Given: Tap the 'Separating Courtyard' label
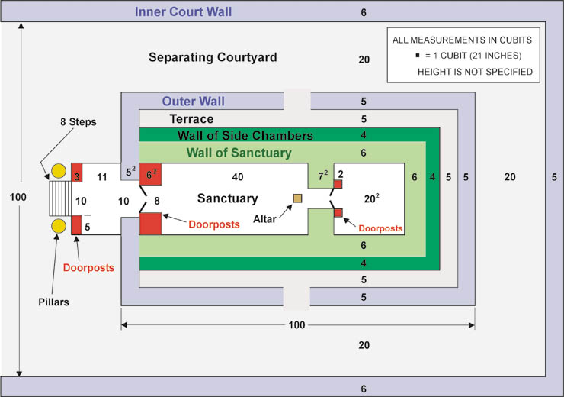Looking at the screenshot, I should (213, 57).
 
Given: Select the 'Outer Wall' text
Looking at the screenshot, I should (194, 102).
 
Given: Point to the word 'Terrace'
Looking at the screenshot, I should (191, 119).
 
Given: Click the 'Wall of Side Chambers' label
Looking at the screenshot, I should (245, 136).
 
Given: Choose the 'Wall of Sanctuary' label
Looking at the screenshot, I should (239, 153).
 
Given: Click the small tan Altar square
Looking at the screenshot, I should (296, 198).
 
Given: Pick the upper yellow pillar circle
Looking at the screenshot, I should (58, 170).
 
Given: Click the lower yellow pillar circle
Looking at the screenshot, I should (58, 226).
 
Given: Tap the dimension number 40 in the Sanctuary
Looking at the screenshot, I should (238, 176).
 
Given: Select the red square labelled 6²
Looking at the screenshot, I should (150, 173).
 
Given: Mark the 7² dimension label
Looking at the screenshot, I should (323, 176).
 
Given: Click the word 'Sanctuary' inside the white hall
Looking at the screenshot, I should (228, 198).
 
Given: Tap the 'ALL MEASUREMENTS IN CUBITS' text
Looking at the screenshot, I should (462, 39).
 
